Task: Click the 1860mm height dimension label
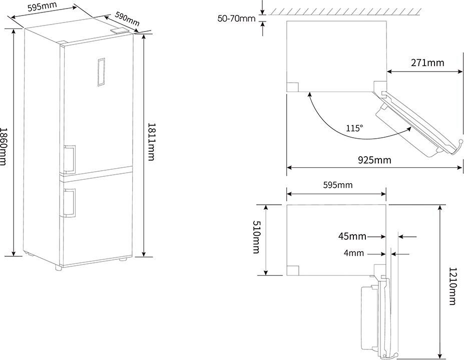(3, 147)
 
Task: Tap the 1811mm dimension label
(151, 142)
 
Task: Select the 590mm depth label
(127, 19)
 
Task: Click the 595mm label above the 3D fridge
(42, 7)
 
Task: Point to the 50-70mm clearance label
(236, 19)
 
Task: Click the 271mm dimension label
(427, 63)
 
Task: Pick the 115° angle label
(354, 128)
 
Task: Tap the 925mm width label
(374, 160)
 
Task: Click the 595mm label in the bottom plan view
(338, 185)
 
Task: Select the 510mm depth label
(256, 237)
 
